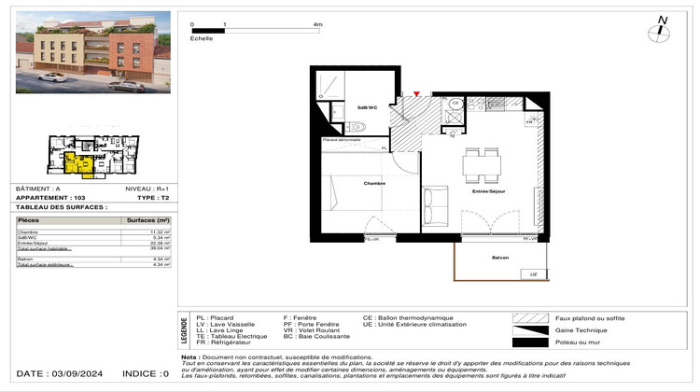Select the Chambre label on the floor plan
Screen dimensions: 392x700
coord(375,183)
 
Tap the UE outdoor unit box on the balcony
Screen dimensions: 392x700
coord(534,274)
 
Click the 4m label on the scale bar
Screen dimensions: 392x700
coord(318,25)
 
